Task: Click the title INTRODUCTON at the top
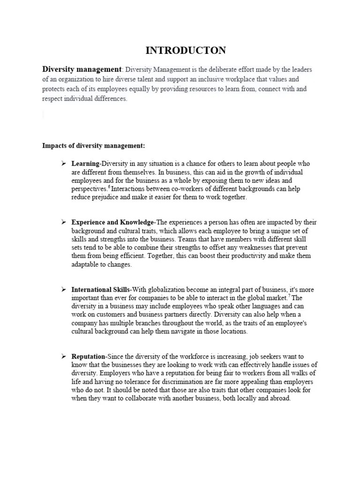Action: point(180,50)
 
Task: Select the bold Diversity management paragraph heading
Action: point(82,69)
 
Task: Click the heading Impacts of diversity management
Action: point(94,146)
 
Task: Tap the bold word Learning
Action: point(85,164)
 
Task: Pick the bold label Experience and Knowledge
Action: point(112,222)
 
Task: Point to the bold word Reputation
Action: point(88,357)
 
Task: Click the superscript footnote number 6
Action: point(109,187)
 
